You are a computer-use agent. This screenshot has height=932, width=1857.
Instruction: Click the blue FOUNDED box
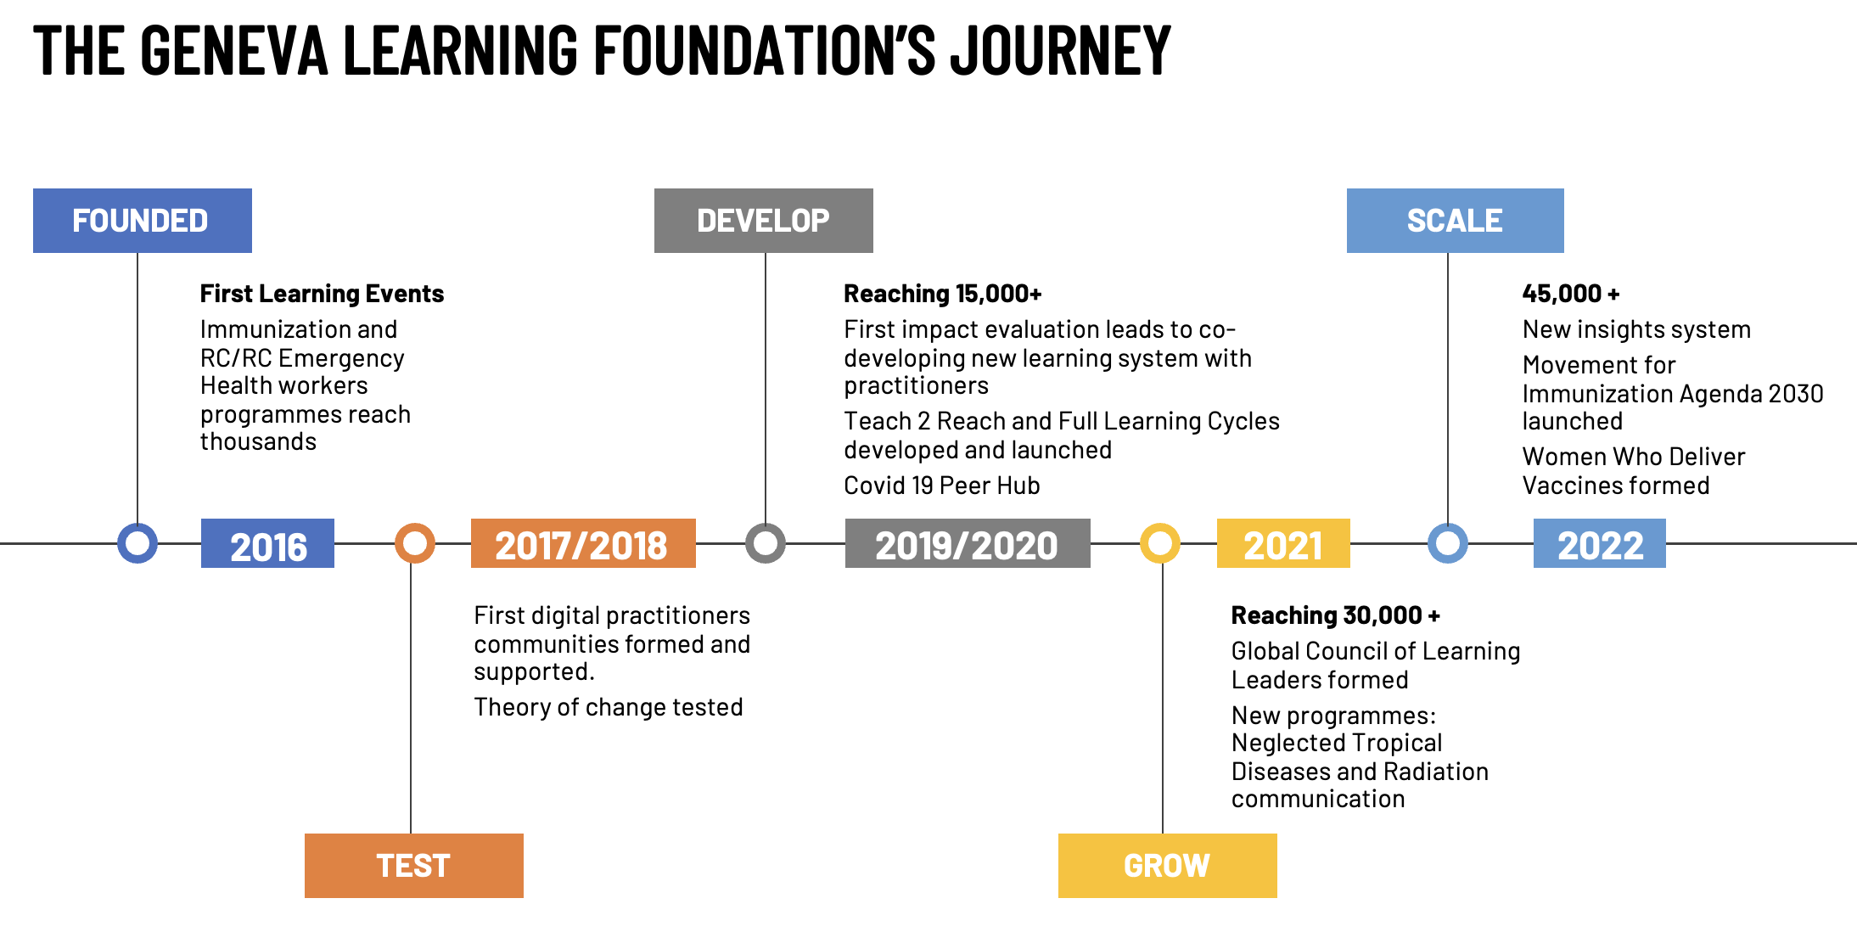[x=142, y=221]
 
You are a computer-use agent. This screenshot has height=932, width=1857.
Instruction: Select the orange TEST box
[x=413, y=866]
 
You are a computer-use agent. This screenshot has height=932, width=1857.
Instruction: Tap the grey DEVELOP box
[x=763, y=221]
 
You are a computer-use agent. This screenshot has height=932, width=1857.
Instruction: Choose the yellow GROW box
[x=1167, y=866]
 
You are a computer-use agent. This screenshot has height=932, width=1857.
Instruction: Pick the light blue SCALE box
[x=1455, y=221]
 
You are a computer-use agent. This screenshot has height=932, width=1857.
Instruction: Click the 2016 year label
[x=267, y=544]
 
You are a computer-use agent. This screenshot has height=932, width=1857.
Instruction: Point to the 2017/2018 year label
[x=583, y=544]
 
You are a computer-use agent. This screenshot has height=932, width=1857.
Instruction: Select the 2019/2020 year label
[x=968, y=544]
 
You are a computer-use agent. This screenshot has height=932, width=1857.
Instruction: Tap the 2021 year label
[x=1282, y=544]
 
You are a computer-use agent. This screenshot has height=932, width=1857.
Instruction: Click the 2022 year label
[x=1599, y=544]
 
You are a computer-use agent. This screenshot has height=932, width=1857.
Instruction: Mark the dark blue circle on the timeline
[x=137, y=543]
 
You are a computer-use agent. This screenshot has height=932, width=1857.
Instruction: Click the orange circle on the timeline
[x=415, y=543]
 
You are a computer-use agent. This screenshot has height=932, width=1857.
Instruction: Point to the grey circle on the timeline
[x=766, y=543]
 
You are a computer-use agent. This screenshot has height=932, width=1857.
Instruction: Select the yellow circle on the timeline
[x=1160, y=543]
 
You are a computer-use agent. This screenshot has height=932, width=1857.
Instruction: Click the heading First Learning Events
[x=322, y=294]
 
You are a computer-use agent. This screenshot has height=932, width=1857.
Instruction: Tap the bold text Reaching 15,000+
[x=942, y=294]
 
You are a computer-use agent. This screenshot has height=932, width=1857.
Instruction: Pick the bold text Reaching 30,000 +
[x=1335, y=615]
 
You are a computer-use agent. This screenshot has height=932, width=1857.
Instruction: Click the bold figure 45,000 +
[x=1570, y=294]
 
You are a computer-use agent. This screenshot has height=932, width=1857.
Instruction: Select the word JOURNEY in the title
[x=1060, y=51]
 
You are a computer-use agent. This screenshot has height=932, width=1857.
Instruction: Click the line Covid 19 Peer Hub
[x=941, y=486]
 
